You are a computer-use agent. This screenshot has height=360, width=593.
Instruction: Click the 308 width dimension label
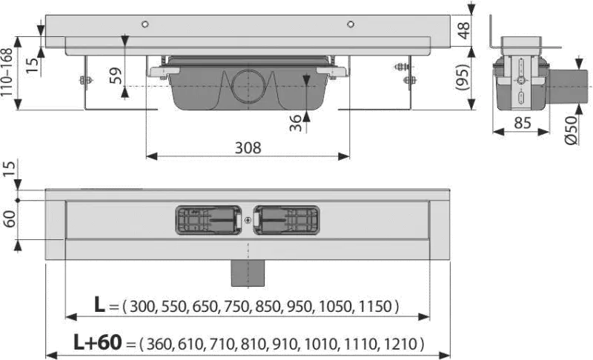248,147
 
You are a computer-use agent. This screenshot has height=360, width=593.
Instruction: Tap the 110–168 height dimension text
7,73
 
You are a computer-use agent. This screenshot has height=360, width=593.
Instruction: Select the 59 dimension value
116,76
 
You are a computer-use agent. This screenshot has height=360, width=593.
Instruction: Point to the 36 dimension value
296,123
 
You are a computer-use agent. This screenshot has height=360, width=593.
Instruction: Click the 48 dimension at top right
464,30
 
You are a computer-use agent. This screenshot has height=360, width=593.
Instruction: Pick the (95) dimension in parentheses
463,78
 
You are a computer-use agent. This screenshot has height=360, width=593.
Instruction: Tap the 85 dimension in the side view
523,123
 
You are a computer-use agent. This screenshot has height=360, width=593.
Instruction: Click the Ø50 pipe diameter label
571,130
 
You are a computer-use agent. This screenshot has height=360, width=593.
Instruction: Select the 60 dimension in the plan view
10,219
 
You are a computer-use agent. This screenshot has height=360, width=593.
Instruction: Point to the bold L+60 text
98,342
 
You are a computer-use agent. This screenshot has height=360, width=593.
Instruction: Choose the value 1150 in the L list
375,307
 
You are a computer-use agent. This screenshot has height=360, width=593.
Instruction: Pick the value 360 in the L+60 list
159,344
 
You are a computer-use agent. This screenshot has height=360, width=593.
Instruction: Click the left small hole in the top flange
145,24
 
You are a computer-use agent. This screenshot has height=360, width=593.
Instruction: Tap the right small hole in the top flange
351,24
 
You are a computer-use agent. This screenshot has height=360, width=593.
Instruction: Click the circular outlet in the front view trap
248,86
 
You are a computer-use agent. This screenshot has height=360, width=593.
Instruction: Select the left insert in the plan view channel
208,220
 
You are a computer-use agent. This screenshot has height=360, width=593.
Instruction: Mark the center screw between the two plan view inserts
248,220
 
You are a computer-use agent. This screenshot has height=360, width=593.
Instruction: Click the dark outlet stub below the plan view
248,273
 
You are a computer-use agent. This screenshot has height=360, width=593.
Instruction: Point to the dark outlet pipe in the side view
569,87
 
